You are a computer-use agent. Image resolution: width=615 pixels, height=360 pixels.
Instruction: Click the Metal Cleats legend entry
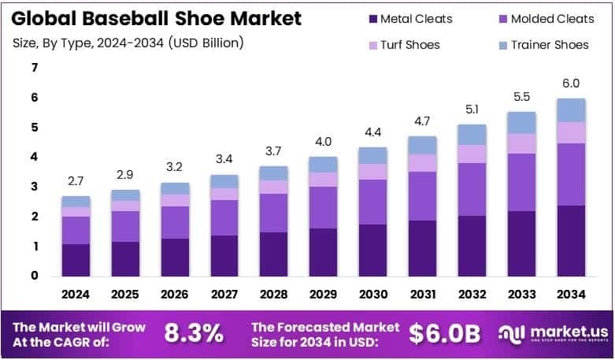[x=409, y=19]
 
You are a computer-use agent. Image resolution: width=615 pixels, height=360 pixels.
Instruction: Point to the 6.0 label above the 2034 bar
[x=572, y=84]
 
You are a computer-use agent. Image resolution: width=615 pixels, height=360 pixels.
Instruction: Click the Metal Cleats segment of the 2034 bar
[x=572, y=240]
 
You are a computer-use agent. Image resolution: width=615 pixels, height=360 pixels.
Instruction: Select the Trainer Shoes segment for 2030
[x=372, y=155]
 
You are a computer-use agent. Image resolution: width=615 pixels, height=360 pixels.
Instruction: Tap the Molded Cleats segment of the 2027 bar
[x=224, y=217]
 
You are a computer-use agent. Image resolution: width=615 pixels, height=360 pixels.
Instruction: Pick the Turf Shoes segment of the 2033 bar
[x=522, y=143]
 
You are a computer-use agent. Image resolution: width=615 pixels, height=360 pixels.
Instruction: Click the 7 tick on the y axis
[x=35, y=68]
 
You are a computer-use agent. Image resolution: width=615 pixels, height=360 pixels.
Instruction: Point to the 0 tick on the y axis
[x=35, y=276]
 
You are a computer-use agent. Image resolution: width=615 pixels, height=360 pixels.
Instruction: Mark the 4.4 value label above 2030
[x=372, y=132]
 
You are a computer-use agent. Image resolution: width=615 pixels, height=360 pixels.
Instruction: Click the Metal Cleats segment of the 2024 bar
[x=76, y=260]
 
